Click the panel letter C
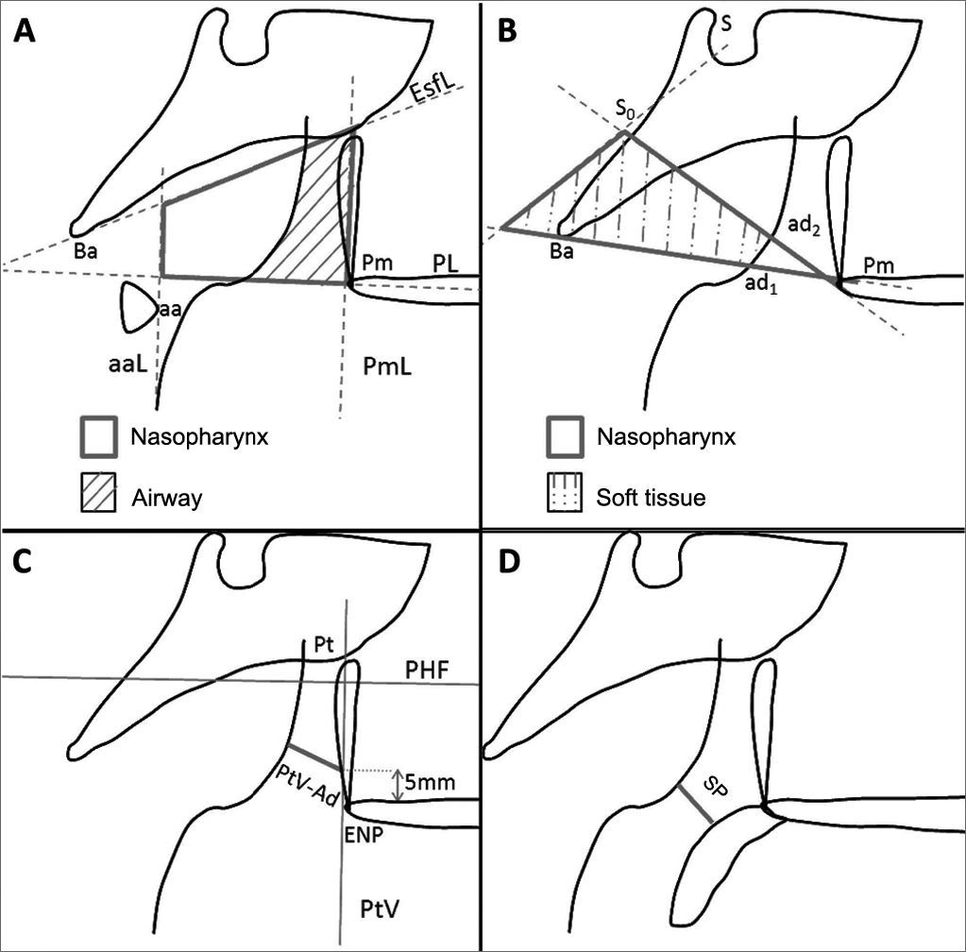tap(25, 564)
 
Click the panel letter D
tap(507, 564)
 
